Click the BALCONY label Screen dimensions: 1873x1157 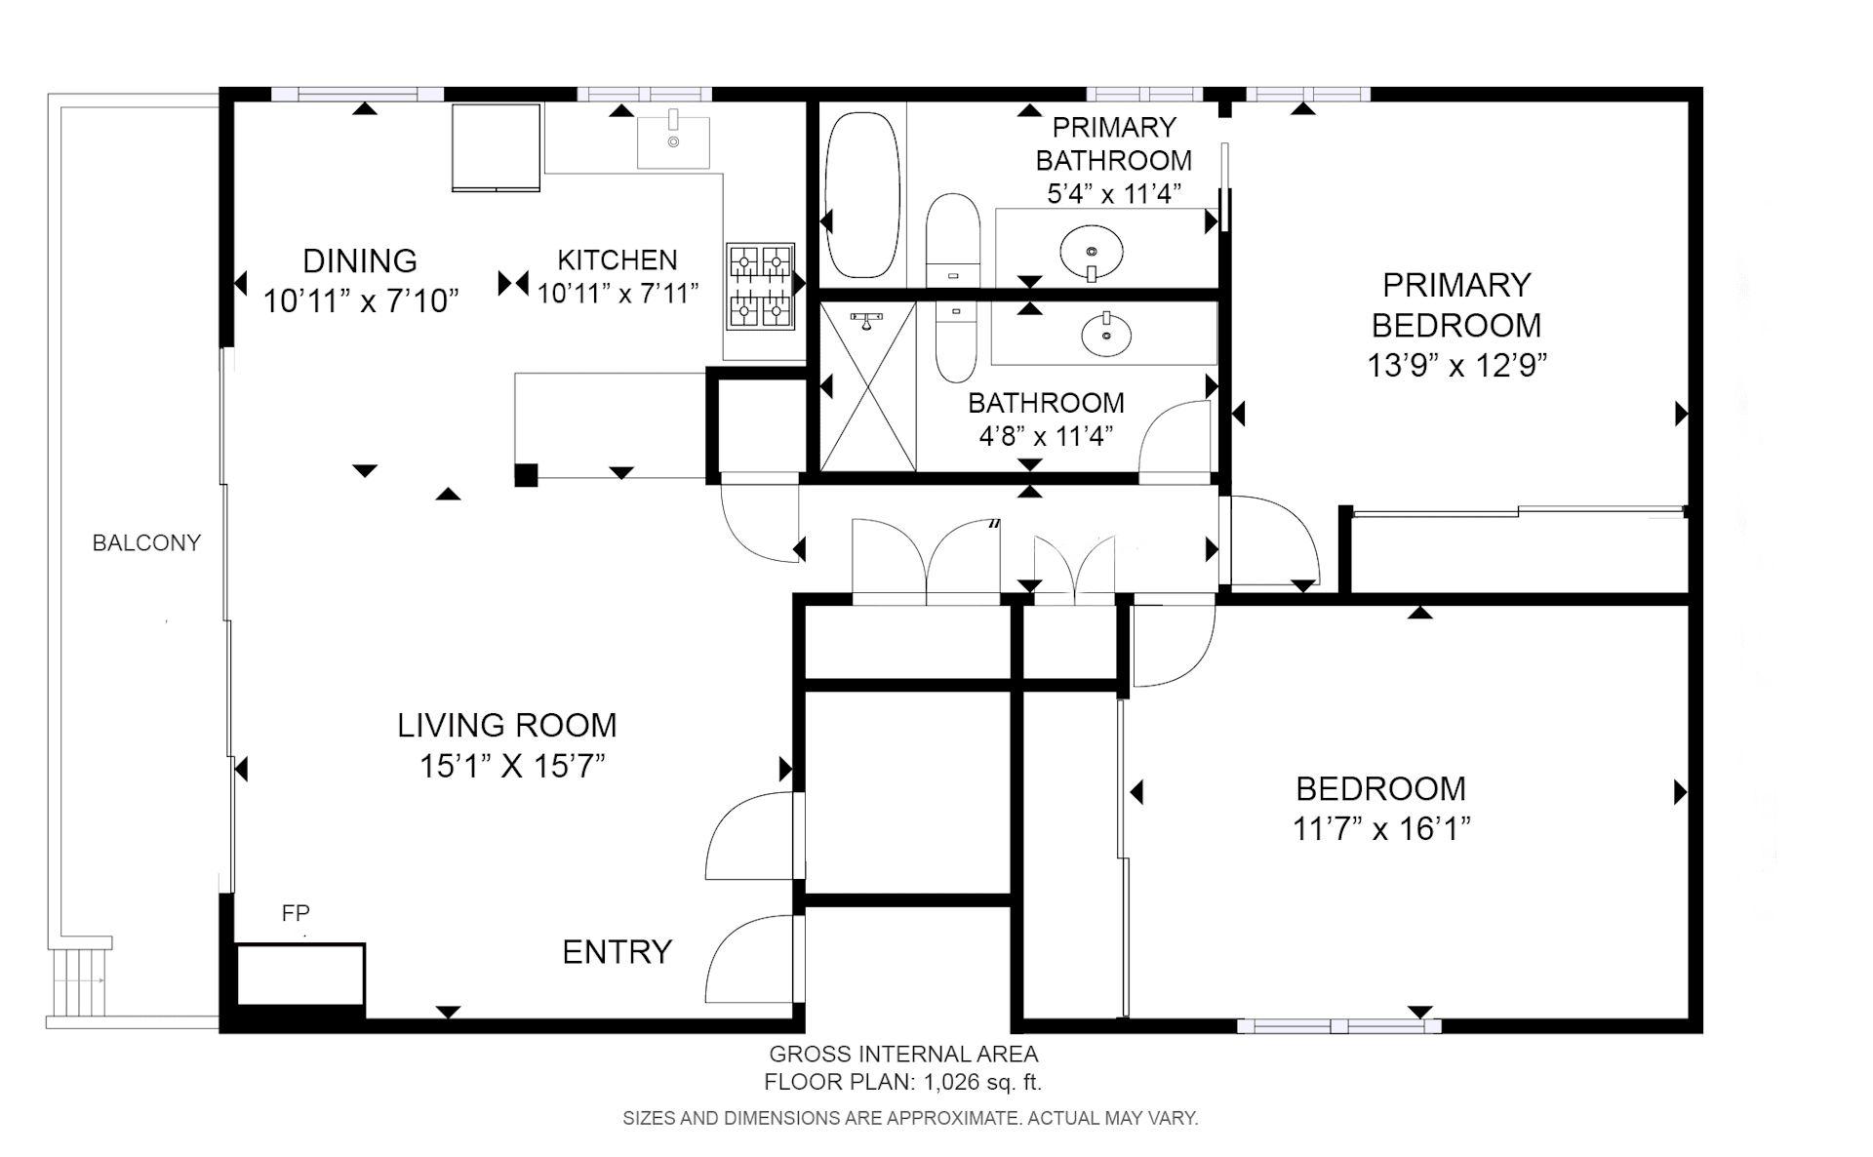pyautogui.click(x=146, y=543)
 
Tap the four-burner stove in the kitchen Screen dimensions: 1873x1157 pyautogui.click(x=761, y=286)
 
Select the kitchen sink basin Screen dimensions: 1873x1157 pyautogui.click(x=673, y=140)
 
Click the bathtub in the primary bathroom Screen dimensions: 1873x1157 pyautogui.click(x=861, y=195)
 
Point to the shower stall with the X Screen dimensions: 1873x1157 pyautogui.click(x=868, y=386)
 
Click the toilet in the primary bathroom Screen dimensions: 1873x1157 pyautogui.click(x=952, y=241)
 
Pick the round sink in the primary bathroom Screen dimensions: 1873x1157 pyautogui.click(x=1092, y=251)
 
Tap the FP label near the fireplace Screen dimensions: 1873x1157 pyautogui.click(x=296, y=913)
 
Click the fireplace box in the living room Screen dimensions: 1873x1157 pyautogui.click(x=300, y=975)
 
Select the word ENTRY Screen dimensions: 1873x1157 pyautogui.click(x=618, y=951)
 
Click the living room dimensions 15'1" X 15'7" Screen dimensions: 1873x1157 pyautogui.click(x=512, y=766)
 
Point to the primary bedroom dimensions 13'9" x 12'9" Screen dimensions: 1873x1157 pyautogui.click(x=1456, y=365)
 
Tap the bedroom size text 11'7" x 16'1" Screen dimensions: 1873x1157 pyautogui.click(x=1381, y=828)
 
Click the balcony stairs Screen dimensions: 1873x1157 pyautogui.click(x=79, y=981)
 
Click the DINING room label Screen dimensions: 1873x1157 pyautogui.click(x=360, y=260)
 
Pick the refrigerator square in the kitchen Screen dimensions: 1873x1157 pyautogui.click(x=496, y=147)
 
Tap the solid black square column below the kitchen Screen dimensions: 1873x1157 pyautogui.click(x=526, y=474)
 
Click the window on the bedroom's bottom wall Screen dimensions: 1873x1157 pyautogui.click(x=1338, y=1026)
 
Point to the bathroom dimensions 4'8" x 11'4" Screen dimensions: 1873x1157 pyautogui.click(x=1046, y=436)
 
